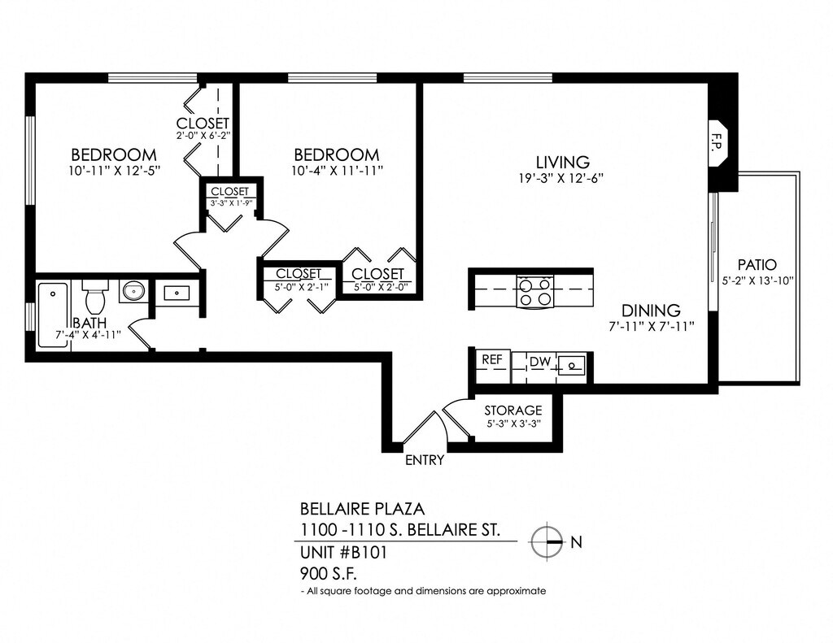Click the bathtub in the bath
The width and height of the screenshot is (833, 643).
pos(54,313)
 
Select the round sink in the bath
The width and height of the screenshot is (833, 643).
pos(133,290)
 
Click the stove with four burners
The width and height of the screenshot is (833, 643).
pos(535,292)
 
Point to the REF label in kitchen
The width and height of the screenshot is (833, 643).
pos(491,359)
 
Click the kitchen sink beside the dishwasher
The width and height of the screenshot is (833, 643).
pos(573,367)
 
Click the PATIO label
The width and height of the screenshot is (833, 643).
pos(757,265)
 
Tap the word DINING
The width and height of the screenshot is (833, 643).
pos(651,311)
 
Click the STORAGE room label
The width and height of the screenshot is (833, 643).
pos(512,410)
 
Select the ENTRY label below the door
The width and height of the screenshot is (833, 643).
pos(425,460)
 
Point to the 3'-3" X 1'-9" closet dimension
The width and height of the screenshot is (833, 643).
pos(231,203)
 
